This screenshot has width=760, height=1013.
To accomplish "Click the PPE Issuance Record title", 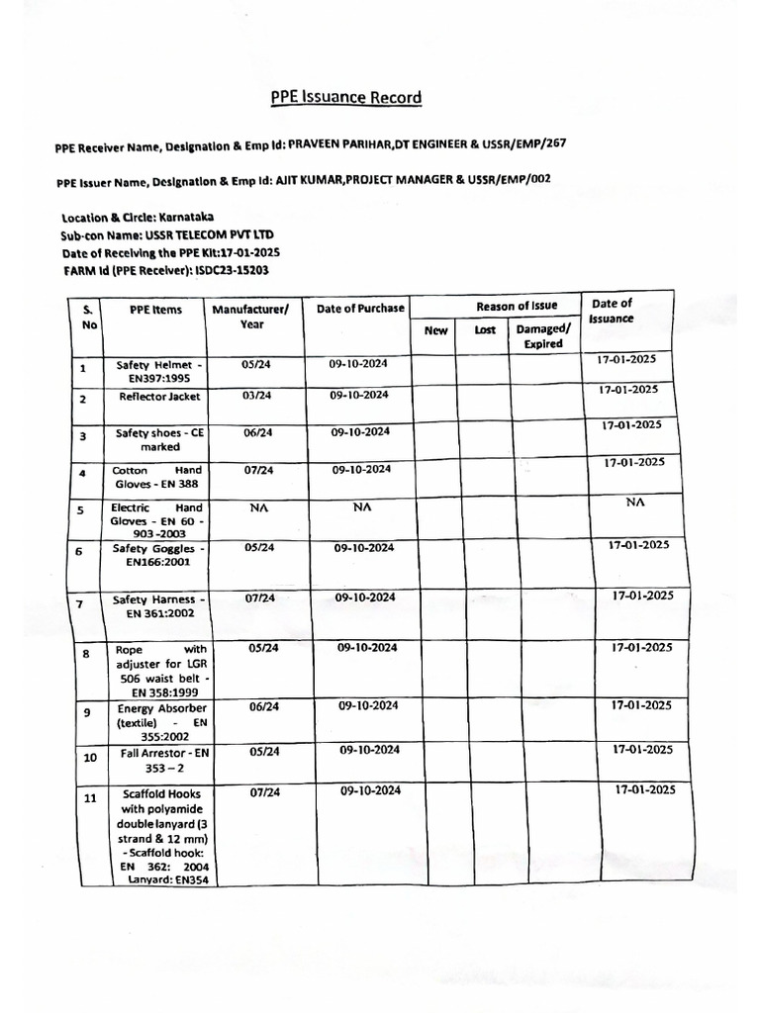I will click(346, 98).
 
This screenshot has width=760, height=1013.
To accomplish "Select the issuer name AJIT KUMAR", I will click(311, 181).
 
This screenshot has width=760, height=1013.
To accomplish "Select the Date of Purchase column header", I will click(360, 309).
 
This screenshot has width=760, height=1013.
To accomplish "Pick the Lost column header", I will click(485, 330).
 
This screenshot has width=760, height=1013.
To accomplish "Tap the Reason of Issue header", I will click(517, 306).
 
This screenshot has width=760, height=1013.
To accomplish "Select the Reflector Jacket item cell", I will click(159, 397).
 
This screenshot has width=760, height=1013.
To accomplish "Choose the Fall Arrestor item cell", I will click(159, 760).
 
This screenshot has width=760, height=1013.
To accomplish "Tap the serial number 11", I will click(89, 799).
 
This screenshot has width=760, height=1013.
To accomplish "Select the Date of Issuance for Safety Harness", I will click(641, 597).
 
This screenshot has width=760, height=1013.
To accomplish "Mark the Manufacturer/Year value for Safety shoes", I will click(256, 432).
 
